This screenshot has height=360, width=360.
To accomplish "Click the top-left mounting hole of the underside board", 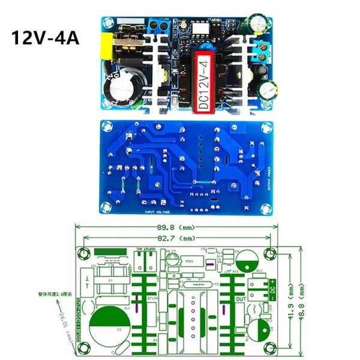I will [x=106, y=126].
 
